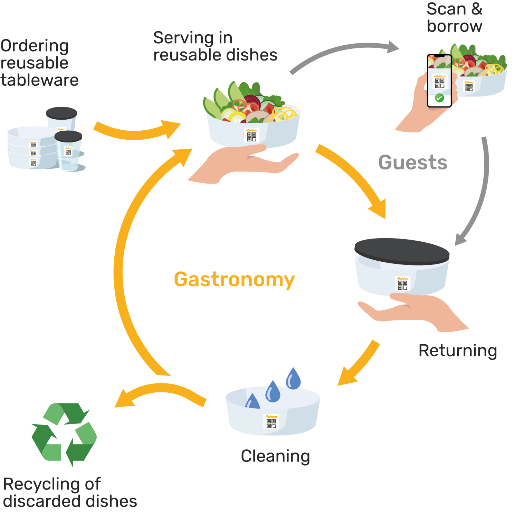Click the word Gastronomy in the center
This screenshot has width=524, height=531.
point(234,279)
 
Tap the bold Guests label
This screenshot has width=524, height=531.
point(413,162)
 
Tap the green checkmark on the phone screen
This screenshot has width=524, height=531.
point(439,98)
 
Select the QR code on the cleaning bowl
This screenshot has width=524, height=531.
point(271,423)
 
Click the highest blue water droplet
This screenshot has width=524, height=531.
point(293,379)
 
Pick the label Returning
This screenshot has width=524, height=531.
point(458,351)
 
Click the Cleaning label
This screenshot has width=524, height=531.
point(275,456)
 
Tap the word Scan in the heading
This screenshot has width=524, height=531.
point(446,9)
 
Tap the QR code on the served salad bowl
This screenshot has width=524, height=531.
point(252,137)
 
